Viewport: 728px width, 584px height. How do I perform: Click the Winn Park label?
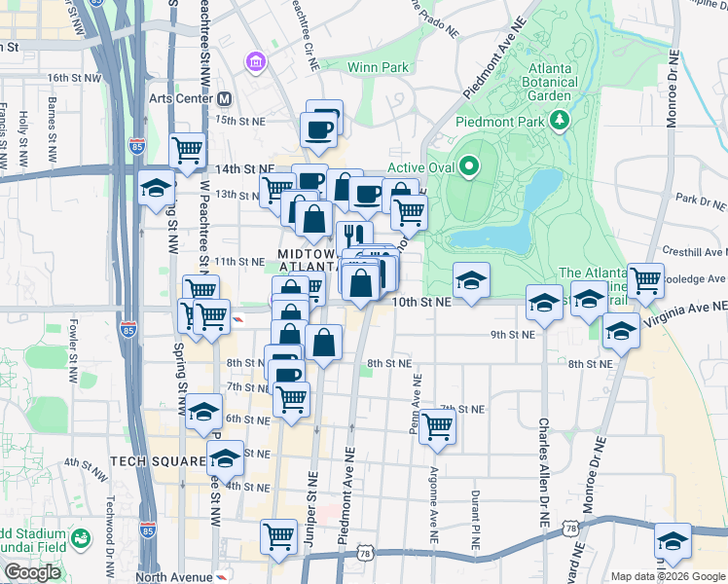click(378, 67)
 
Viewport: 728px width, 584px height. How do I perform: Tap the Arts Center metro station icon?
click(225, 99)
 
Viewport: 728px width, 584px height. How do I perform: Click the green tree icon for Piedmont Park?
click(559, 120)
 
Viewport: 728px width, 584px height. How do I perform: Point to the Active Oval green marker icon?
click(469, 166)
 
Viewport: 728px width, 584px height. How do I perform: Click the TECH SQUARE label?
click(158, 460)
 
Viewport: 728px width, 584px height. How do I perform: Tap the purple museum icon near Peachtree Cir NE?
click(256, 63)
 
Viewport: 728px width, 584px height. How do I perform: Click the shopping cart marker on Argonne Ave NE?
click(438, 424)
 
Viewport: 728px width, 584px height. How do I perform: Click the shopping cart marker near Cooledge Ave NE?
click(645, 280)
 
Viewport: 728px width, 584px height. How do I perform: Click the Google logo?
click(33, 572)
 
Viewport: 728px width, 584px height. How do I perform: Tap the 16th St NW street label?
click(74, 77)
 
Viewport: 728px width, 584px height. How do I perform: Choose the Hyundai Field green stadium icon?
click(82, 537)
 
